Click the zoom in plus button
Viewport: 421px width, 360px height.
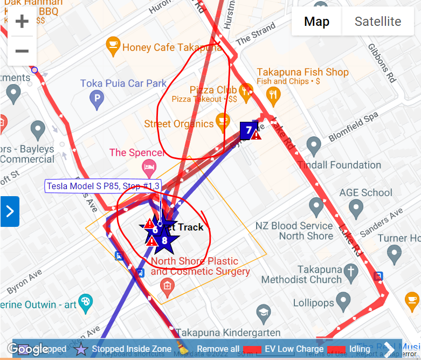tap(22, 22)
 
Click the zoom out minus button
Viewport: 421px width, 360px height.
tap(22, 51)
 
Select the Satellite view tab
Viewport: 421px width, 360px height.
tap(377, 22)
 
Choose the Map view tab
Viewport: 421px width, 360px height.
tap(316, 22)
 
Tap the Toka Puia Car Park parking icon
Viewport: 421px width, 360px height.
tap(96, 98)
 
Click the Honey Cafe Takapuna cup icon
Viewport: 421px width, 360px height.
tap(113, 44)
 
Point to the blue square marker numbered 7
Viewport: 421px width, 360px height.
tap(248, 130)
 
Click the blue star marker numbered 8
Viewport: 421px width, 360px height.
tap(164, 241)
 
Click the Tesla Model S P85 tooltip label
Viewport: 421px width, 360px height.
tap(103, 186)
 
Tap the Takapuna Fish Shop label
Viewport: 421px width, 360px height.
tap(302, 72)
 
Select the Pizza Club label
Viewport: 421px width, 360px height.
tap(210, 90)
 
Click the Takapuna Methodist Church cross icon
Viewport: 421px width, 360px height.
tap(351, 271)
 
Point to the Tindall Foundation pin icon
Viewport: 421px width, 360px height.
tap(314, 145)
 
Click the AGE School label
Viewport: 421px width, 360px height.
tap(365, 192)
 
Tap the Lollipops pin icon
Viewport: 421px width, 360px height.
tap(343, 301)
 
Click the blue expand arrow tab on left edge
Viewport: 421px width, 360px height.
tap(10, 211)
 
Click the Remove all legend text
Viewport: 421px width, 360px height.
tap(218, 349)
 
